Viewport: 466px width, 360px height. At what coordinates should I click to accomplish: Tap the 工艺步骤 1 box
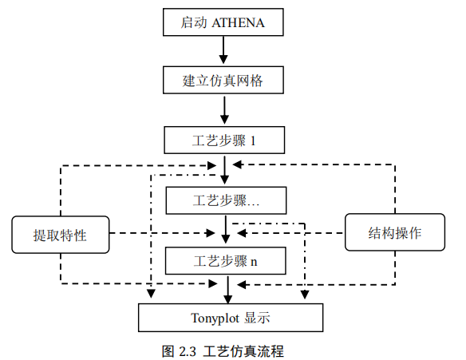pos(224,140)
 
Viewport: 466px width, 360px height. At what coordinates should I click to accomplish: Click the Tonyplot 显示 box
pos(231,318)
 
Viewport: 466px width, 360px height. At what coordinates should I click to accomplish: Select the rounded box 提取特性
pos(60,235)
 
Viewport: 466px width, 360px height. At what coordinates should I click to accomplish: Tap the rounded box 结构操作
pos(394,233)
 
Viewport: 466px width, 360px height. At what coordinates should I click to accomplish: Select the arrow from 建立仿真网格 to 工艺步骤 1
pos(226,110)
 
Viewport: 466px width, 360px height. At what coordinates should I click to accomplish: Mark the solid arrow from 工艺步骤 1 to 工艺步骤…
pos(226,169)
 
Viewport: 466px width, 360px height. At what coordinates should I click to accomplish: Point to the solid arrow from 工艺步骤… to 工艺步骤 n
pos(227,229)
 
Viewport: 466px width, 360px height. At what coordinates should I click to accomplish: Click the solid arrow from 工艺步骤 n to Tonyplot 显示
pos(229,288)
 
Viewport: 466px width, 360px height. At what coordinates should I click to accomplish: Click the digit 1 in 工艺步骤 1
pos(254,141)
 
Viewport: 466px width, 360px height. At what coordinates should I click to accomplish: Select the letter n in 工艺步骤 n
pos(254,261)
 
